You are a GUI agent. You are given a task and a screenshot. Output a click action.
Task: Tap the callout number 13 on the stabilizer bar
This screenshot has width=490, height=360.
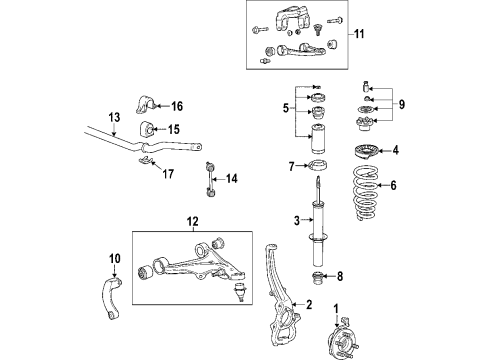point(114,117)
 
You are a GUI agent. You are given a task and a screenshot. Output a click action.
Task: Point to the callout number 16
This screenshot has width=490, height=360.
point(176,105)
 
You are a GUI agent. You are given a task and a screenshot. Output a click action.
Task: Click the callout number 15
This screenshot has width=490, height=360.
point(175,128)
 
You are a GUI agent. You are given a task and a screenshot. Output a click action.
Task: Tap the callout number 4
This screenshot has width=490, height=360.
point(395,151)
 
